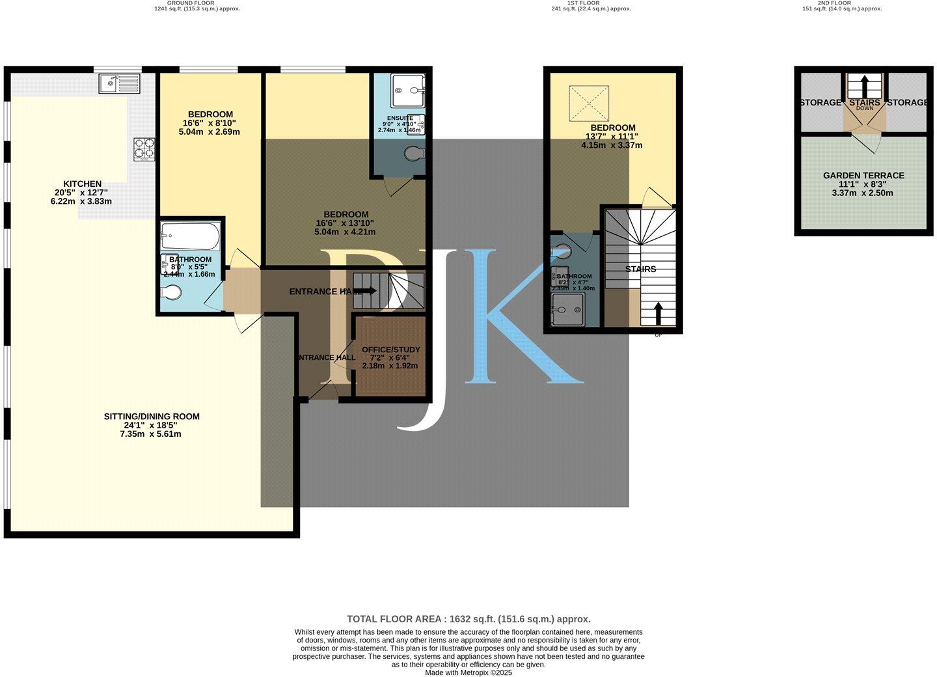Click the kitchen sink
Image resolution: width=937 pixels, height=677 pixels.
point(119,83)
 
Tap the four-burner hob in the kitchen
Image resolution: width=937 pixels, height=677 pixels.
point(144,149)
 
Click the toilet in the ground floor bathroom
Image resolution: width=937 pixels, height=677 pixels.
point(172,294)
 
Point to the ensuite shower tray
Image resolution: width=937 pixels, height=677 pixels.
point(408,90)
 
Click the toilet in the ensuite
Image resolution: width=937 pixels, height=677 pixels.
point(413,154)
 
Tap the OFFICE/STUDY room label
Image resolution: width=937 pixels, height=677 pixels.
point(390,350)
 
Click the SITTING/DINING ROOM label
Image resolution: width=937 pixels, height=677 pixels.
point(152,417)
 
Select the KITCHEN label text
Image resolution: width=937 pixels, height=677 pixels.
point(82,184)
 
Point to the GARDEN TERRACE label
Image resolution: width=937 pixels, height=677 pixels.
point(863,176)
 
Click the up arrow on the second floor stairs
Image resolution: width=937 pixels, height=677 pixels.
point(864,86)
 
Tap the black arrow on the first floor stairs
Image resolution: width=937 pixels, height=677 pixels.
point(658,313)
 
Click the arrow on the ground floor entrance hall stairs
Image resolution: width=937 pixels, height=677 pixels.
point(366,291)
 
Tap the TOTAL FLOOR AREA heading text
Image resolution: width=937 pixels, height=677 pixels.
point(468,619)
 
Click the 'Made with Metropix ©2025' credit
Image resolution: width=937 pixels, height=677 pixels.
point(468,672)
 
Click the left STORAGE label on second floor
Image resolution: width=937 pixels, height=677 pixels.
point(821,103)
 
